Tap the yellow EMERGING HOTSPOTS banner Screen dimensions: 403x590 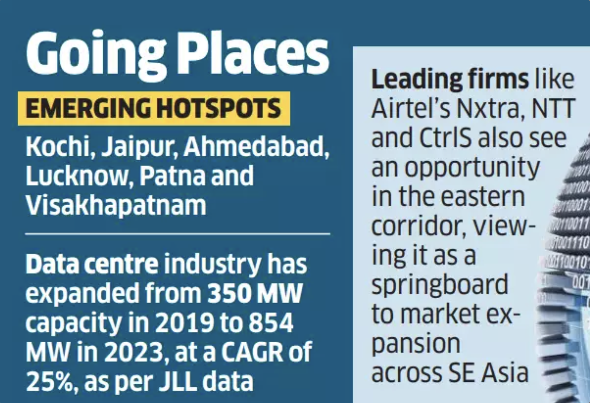[154, 108]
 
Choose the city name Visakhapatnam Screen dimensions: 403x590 [116, 206]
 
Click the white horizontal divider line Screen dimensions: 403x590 [178, 234]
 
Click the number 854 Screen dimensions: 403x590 [271, 323]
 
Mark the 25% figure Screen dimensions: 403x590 [51, 381]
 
